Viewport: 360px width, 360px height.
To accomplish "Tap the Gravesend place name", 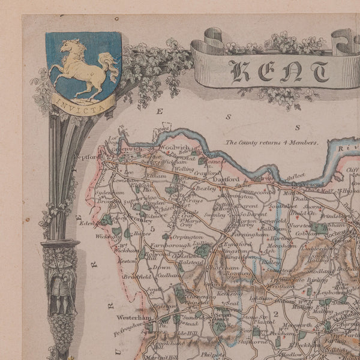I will point(312,184).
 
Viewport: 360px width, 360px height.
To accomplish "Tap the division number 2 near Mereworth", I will point(276,313).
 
